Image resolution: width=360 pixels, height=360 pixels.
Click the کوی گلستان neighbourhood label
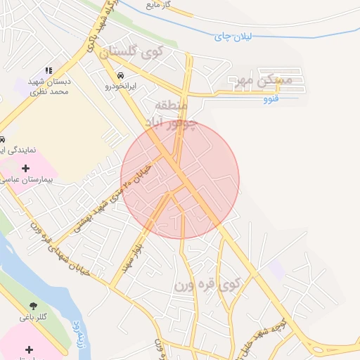pyautogui.click(x=131, y=51)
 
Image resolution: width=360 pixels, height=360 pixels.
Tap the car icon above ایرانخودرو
pyautogui.click(x=121, y=75)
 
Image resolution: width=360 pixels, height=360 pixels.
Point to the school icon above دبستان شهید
pyautogui.click(x=49, y=70)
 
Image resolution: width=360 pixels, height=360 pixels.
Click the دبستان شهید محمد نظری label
pyautogui.click(x=51, y=87)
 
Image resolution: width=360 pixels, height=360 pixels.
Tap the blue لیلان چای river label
pyautogui.click(x=232, y=36)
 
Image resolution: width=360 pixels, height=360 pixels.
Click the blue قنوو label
pyautogui.click(x=271, y=98)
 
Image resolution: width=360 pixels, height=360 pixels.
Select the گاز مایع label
pyautogui.click(x=158, y=5)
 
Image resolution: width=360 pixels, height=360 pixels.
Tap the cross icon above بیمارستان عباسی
pyautogui.click(x=26, y=168)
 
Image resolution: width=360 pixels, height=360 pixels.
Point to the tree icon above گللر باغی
pyautogui.click(x=33, y=306)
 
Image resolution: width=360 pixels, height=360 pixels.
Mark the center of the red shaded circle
pyautogui.click(x=180, y=179)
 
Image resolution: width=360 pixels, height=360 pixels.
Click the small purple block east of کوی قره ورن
pyautogui.click(x=277, y=269)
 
